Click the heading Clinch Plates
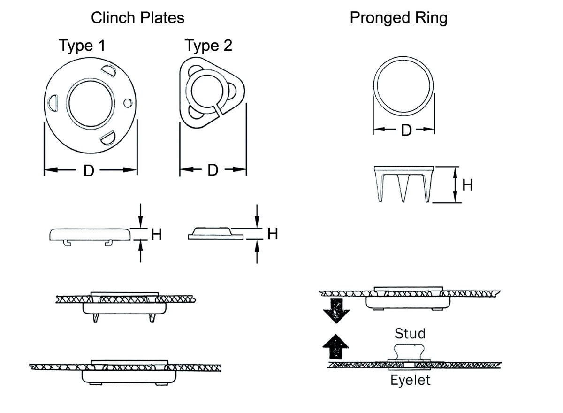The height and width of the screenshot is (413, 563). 137,18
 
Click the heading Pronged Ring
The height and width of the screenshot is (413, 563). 398,18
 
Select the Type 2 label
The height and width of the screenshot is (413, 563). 208,46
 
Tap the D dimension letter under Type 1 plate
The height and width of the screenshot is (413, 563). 89,171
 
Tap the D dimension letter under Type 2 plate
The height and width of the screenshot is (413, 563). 213,170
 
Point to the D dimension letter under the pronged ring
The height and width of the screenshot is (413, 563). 406,130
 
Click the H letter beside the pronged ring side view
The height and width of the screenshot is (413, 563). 467,185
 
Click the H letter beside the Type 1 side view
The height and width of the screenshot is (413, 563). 156,234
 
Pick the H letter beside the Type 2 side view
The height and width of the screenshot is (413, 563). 273,233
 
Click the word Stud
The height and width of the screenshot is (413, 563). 410,334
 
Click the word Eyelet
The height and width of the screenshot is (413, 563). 410,380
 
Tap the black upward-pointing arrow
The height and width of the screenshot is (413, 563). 337,348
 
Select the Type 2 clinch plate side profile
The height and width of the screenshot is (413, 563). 216,233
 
